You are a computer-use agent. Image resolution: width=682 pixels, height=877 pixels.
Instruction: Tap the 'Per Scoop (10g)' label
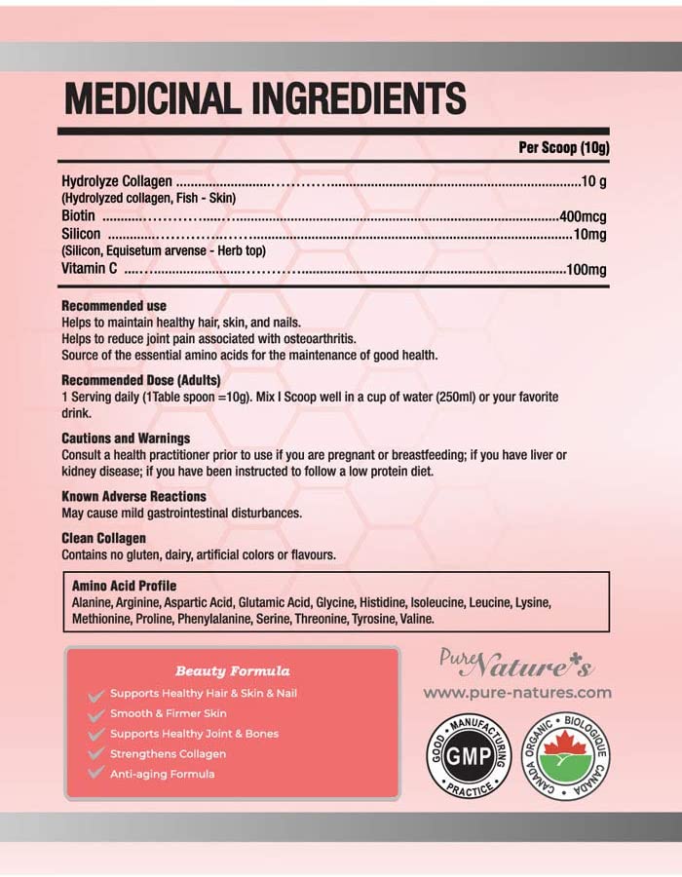[561, 148]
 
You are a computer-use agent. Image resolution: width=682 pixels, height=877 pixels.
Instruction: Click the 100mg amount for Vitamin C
[587, 269]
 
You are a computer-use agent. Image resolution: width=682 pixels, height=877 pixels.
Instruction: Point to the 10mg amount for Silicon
[589, 234]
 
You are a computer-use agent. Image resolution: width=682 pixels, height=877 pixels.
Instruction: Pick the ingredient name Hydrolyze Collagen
[117, 181]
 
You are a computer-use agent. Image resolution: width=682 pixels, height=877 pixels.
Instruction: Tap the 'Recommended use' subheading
[114, 306]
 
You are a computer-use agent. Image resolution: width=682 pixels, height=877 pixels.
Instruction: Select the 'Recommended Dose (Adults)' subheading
[141, 379]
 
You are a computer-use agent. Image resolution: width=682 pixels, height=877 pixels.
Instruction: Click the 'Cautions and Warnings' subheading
[126, 438]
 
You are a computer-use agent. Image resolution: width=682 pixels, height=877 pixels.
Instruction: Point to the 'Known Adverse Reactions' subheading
[134, 496]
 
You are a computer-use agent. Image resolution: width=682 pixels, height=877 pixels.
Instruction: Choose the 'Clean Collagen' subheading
[103, 537]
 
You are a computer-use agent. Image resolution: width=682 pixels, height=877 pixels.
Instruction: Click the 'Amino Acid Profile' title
[125, 586]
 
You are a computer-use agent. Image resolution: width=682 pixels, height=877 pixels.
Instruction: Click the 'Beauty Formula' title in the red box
[232, 671]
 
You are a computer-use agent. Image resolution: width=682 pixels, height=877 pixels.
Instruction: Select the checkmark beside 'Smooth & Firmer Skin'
[95, 714]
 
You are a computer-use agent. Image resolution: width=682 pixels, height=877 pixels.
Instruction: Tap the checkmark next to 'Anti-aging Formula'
[95, 774]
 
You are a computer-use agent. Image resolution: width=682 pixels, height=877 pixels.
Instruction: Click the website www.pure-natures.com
[517, 693]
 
